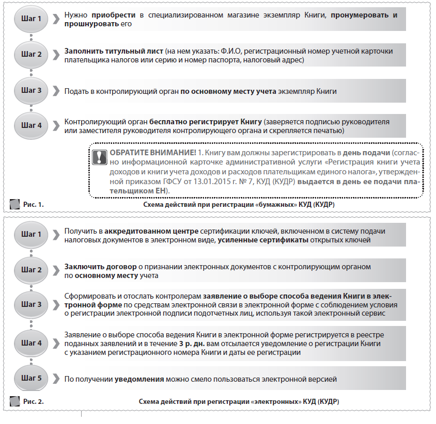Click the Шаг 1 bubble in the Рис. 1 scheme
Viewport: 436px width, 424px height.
32,19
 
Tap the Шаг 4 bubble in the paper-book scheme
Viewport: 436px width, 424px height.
32,125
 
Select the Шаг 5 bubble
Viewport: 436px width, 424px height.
32,379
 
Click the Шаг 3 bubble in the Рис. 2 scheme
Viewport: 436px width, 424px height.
32,304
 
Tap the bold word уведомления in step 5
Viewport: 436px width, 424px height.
139,379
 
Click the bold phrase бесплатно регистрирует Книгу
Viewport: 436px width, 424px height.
205,122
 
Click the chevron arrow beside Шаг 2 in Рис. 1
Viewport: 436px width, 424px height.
56,55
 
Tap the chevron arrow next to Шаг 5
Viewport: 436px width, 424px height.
56,379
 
